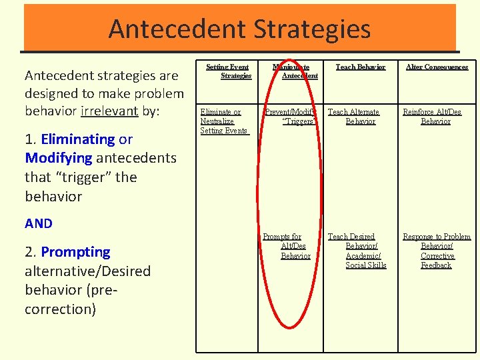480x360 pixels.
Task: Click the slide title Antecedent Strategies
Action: pos(239,29)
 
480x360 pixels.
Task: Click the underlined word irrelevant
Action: pos(109,111)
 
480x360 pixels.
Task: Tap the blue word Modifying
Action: pos(59,158)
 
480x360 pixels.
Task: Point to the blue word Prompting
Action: pos(75,252)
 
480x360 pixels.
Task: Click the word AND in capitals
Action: pos(39,224)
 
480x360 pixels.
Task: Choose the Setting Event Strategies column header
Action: pos(227,71)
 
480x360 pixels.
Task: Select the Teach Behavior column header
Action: pos(360,67)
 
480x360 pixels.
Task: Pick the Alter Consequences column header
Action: pos(436,67)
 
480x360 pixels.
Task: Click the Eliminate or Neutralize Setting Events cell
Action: pos(224,121)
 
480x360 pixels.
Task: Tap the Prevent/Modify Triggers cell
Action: pos(291,117)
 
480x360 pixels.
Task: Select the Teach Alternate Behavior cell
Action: pos(354,117)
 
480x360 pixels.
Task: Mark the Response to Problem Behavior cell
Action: pos(436,251)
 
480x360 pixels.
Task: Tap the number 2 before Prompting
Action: pos(29,252)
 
